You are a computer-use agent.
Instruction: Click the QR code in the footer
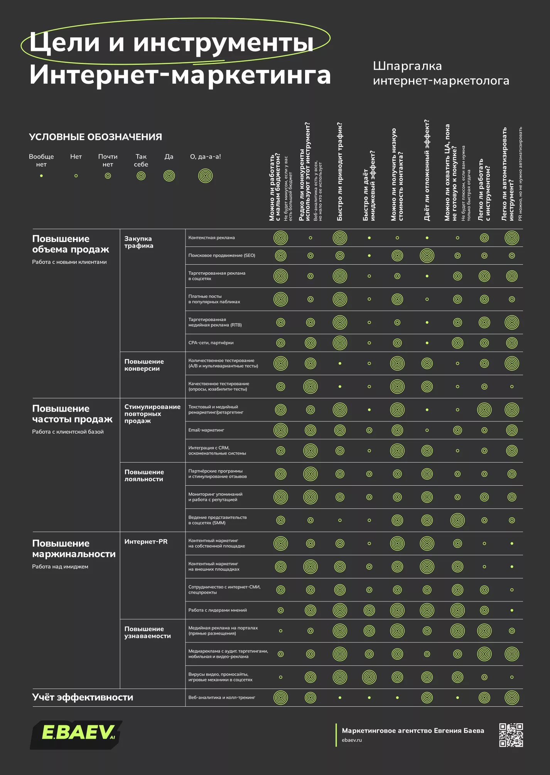pos(511,735)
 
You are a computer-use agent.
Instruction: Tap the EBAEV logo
pos(76,734)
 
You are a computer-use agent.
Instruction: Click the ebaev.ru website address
pos(352,740)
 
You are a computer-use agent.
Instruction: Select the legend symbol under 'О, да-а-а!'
pos(206,176)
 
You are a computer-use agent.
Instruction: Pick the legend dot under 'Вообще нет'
pos(41,176)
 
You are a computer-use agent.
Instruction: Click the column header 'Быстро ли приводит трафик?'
pos(339,172)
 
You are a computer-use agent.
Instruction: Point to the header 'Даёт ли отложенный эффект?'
pos(427,170)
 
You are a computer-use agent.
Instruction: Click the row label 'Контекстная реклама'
pos(211,238)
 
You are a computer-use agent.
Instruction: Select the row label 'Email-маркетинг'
pos(206,430)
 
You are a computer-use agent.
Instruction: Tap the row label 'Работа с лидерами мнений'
pos(218,610)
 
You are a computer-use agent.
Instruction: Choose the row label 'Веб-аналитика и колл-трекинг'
pos(222,697)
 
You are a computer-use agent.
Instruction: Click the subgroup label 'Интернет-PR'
pos(146,542)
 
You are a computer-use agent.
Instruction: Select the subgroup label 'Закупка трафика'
pos(139,242)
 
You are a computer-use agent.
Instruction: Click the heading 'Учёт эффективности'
pos(83,697)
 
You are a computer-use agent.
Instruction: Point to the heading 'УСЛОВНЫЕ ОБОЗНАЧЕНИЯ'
pos(95,137)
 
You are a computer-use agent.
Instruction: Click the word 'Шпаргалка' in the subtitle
pos(407,66)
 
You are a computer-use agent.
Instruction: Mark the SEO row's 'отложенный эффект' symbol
pos(427,255)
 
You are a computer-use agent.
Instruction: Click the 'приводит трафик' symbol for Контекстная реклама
pos(340,238)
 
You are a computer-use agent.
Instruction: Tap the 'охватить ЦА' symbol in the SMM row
pos(457,520)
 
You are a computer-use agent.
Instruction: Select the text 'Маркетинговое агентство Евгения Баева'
pos(413,731)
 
